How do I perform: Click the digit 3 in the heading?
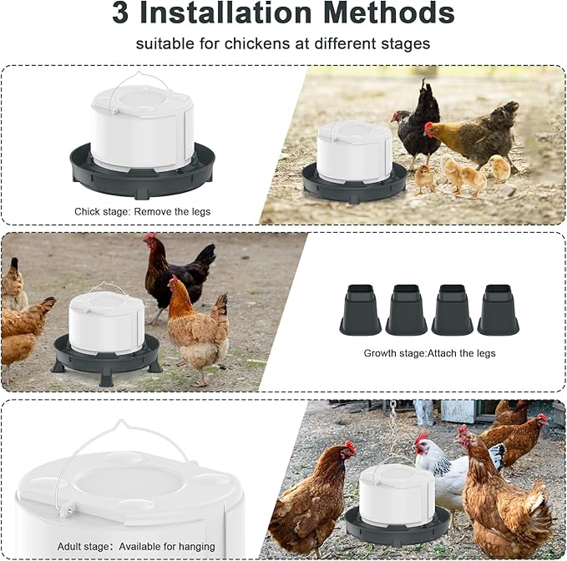120,13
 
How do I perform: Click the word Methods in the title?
389,13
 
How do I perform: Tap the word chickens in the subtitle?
257,43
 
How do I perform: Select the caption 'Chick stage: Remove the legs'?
143,211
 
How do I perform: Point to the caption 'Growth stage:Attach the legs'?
429,353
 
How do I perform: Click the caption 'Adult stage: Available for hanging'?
136,547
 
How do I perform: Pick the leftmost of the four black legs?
360,310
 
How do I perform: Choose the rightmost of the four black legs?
499,310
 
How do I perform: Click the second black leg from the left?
406,310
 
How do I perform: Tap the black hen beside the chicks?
416,124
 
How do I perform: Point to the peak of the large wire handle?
121,421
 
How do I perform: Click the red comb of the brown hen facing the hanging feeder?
349,445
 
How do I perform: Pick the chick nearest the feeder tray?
424,179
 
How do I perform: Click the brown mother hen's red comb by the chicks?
428,126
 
